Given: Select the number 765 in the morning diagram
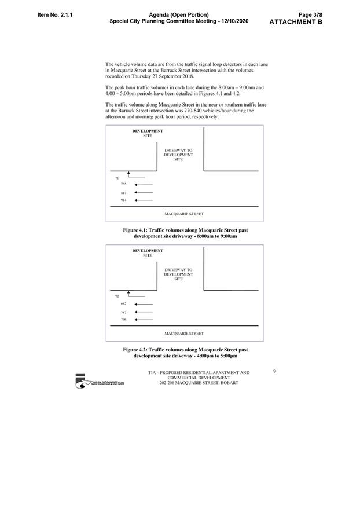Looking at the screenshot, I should [x=123, y=184].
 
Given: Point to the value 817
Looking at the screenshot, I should [x=123, y=192].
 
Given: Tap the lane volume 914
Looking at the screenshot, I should [x=123, y=200].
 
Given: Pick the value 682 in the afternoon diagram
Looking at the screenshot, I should [x=123, y=303].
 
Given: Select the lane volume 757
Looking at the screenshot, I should [x=123, y=312].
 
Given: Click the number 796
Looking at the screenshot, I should [x=123, y=319].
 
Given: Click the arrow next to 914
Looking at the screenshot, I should [x=143, y=200].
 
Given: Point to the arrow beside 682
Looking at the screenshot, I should [x=143, y=304].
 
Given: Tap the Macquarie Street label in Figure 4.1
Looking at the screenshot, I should [x=184, y=214].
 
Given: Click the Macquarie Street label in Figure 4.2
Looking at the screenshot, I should [x=184, y=334].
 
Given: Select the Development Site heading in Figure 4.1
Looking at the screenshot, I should [x=148, y=133].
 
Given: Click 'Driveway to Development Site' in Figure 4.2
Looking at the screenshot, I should [x=178, y=274].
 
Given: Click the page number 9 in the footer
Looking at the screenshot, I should [x=274, y=372].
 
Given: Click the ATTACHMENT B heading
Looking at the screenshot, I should [x=296, y=22].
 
